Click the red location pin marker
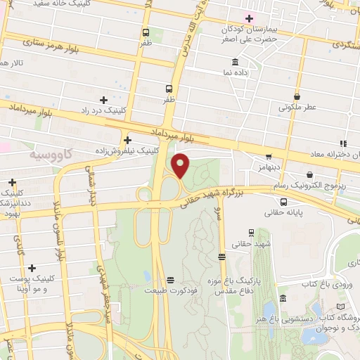click(x=181, y=165)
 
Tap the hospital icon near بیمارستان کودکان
click(x=247, y=18)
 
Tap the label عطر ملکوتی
click(x=297, y=108)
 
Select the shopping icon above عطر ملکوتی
click(x=297, y=96)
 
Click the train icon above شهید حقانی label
click(x=251, y=233)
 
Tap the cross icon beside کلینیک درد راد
click(x=104, y=100)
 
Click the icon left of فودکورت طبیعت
click(x=169, y=280)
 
